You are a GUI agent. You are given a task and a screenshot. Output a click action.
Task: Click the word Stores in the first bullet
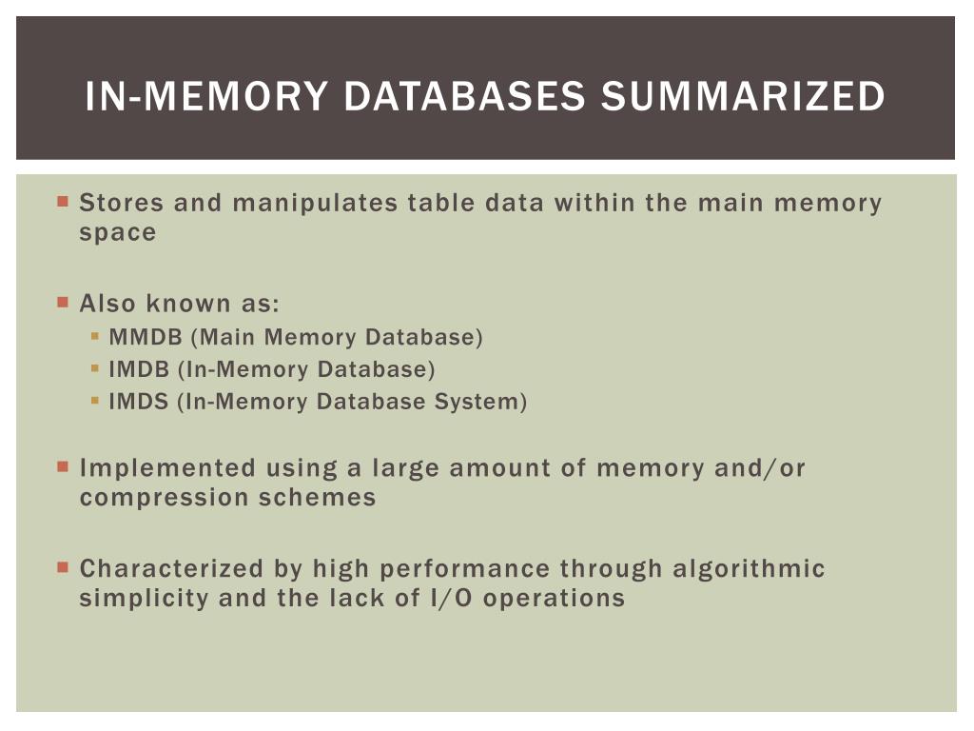tap(122, 203)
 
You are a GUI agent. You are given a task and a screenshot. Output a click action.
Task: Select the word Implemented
tap(167, 468)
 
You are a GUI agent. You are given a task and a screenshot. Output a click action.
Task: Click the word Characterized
tap(171, 569)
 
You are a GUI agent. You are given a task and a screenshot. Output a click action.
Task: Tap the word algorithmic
tap(749, 569)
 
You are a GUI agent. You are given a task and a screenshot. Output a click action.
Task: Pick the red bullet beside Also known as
tap(63, 303)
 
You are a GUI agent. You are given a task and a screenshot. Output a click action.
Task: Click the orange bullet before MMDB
tap(95, 336)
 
